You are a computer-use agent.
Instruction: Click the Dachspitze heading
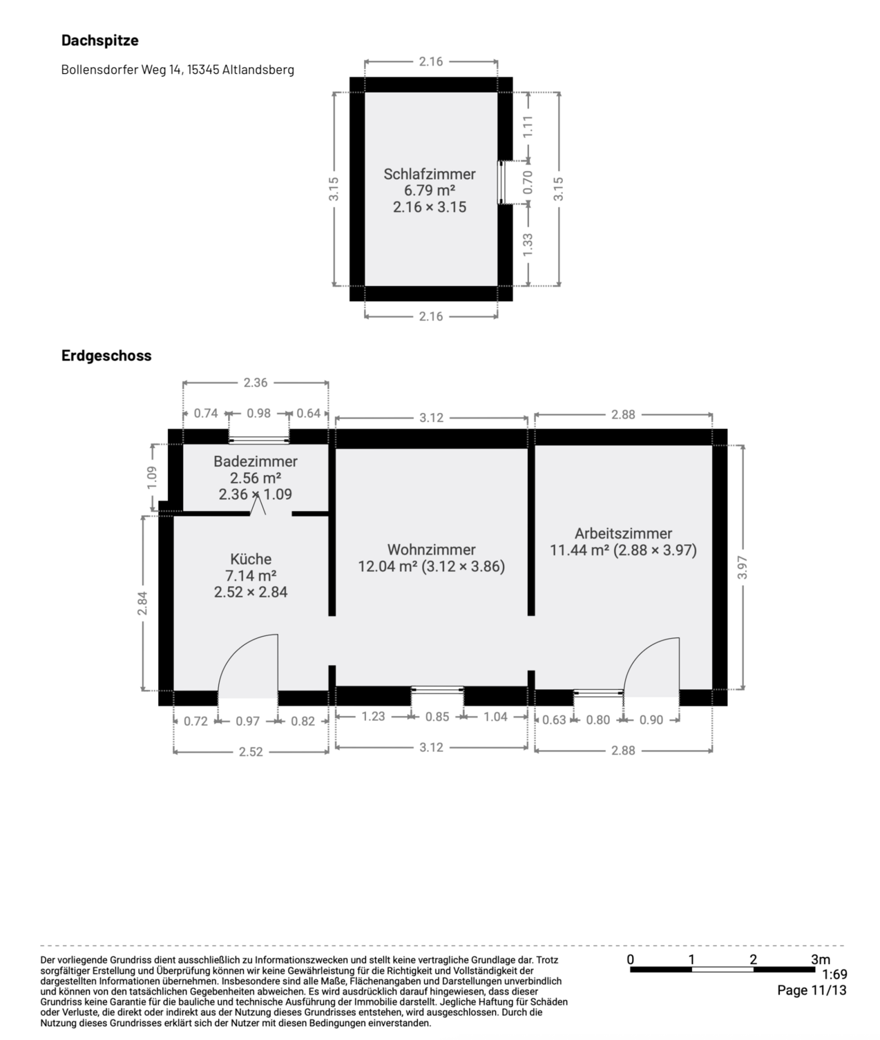pos(99,40)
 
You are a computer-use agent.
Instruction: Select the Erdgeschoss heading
pos(106,355)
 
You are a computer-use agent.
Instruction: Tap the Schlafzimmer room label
pos(429,174)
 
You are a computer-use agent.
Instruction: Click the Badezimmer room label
pos(255,461)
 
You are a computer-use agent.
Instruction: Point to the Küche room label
pos(251,559)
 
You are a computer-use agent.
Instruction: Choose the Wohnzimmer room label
pos(431,550)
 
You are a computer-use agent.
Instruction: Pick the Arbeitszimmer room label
pos(624,533)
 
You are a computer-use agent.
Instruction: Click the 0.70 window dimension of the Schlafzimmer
pos(527,182)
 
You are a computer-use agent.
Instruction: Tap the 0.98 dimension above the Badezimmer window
pos(258,413)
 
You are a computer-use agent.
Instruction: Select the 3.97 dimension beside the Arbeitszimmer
pos(742,567)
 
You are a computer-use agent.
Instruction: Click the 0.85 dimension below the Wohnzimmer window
pos(437,717)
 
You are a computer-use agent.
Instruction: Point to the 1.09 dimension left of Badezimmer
pos(151,477)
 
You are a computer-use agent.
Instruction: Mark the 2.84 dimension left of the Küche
pos(142,603)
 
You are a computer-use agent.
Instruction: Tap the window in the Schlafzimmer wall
pos(501,182)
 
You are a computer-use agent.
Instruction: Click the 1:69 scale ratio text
pos(834,974)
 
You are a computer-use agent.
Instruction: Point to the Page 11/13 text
pos(812,990)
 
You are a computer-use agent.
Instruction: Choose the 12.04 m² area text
pos(388,566)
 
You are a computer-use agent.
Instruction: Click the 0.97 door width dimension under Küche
pos(247,721)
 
